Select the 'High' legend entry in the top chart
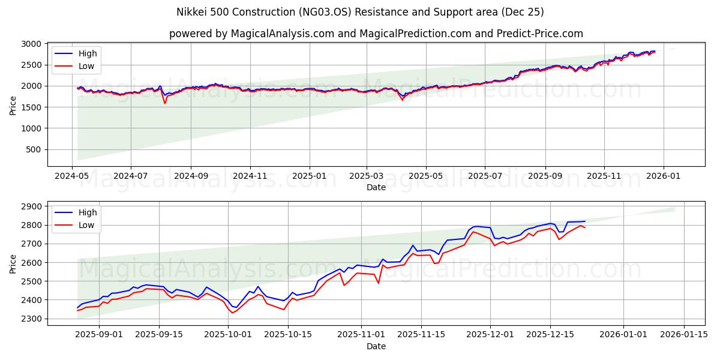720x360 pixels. click(88, 53)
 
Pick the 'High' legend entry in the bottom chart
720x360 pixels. click(88, 212)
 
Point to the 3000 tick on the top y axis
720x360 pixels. click(31, 44)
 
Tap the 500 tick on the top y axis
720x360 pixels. click(34, 149)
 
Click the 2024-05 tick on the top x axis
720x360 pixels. click(73, 176)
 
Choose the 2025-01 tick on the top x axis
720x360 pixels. click(310, 176)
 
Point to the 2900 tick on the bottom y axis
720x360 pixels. click(31, 206)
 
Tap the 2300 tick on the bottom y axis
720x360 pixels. click(31, 319)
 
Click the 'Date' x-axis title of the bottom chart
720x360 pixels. click(376, 347)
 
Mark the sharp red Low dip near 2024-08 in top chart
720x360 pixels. click(165, 103)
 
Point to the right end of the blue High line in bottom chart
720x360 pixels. click(585, 221)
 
